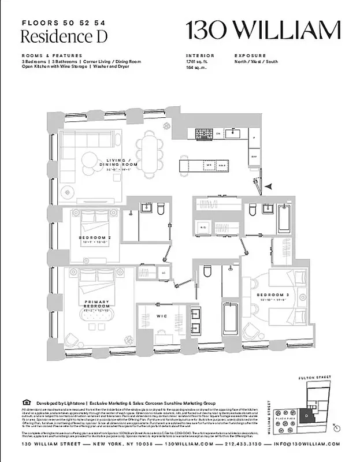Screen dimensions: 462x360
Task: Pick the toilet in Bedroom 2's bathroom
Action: (161, 208)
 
